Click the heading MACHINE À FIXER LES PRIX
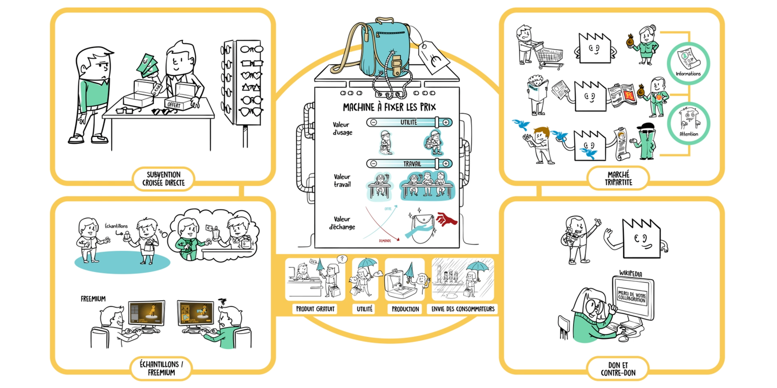click(x=389, y=107)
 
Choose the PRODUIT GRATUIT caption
click(x=315, y=309)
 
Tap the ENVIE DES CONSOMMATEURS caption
click(x=462, y=309)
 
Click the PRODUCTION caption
click(x=405, y=309)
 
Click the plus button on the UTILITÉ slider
click(x=446, y=123)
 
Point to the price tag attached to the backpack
click(x=434, y=58)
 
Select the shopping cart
click(x=549, y=56)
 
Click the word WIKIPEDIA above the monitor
click(x=631, y=274)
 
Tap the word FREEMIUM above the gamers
click(x=93, y=299)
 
